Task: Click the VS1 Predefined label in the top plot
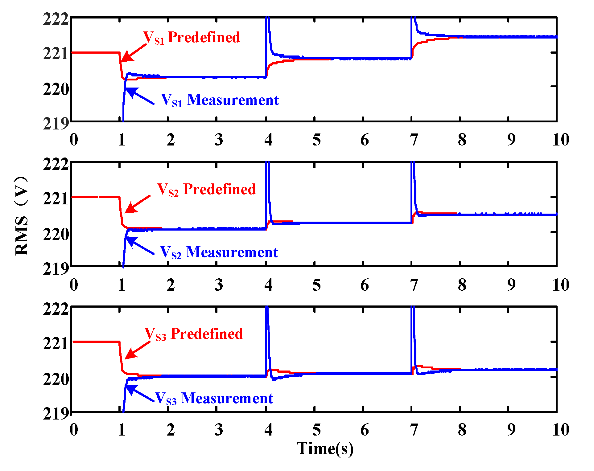pyautogui.click(x=192, y=38)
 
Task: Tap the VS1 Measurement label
pyautogui.click(x=220, y=100)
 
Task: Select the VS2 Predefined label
pyautogui.click(x=206, y=189)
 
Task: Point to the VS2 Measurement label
pyautogui.click(x=219, y=252)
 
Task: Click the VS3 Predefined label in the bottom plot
pyautogui.click(x=193, y=334)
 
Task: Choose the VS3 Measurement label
pyautogui.click(x=214, y=398)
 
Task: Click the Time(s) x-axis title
pyautogui.click(x=325, y=448)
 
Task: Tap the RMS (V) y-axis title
pyautogui.click(x=22, y=216)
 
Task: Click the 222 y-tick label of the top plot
pyautogui.click(x=56, y=19)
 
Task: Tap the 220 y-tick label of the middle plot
pyautogui.click(x=56, y=235)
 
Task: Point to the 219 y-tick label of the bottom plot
pyautogui.click(x=56, y=414)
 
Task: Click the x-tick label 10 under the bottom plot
pyautogui.click(x=560, y=430)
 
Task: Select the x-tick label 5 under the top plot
pyautogui.click(x=316, y=140)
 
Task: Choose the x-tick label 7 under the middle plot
pyautogui.click(x=414, y=285)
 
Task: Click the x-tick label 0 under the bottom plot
pyautogui.click(x=74, y=430)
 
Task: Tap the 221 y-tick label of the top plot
pyautogui.click(x=56, y=54)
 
